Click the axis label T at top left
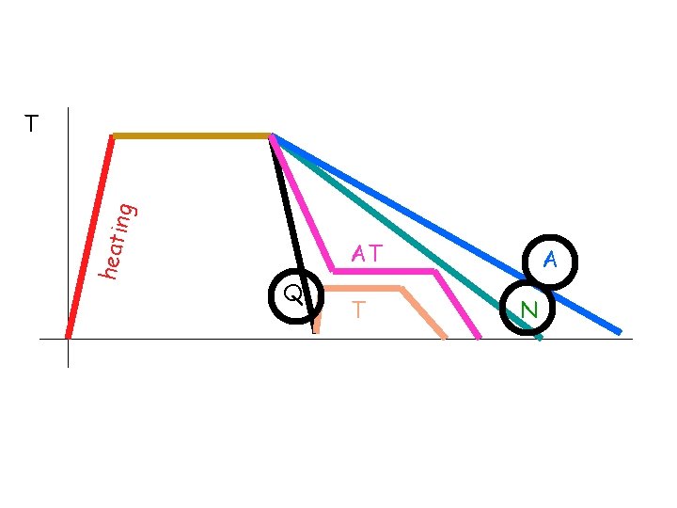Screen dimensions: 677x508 32,123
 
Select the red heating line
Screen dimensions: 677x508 90,235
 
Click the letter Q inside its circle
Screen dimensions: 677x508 293,295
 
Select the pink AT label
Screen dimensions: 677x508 366,253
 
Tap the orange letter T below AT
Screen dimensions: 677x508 357,309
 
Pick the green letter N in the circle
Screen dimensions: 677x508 528,309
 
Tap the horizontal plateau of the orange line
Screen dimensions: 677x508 362,288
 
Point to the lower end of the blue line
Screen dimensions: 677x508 619,332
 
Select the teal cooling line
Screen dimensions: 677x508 404,235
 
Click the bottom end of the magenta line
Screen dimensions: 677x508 479,336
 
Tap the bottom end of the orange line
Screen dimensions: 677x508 444,335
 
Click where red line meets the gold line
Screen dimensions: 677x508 113,137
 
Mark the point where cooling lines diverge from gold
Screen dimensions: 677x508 272,137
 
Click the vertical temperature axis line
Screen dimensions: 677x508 69,235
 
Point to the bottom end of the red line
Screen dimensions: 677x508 68,335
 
